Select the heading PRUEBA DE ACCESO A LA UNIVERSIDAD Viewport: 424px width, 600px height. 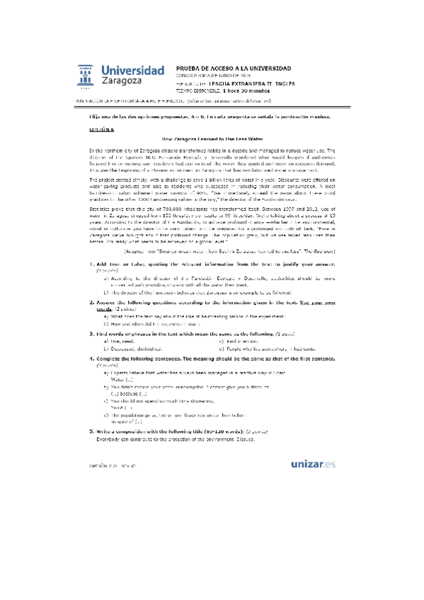click(232, 67)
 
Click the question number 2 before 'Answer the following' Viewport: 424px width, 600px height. click(92, 281)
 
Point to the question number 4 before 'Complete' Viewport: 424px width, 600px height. click(92, 338)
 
